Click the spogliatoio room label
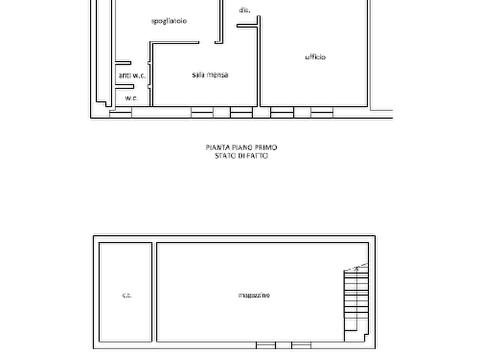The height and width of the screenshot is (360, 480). point(169,21)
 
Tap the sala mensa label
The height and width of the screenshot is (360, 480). point(210,75)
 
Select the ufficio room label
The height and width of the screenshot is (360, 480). point(316,57)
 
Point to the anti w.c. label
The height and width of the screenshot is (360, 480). point(132,75)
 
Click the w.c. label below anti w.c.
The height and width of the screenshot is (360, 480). point(132,98)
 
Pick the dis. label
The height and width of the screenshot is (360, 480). point(245,10)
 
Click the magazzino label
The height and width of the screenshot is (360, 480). point(254,295)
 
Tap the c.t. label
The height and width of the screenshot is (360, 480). point(127,295)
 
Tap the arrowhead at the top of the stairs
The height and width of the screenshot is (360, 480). point(356,269)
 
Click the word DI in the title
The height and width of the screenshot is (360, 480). point(241,156)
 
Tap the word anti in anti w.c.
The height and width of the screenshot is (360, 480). point(124,75)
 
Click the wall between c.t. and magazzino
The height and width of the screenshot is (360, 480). point(154,292)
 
